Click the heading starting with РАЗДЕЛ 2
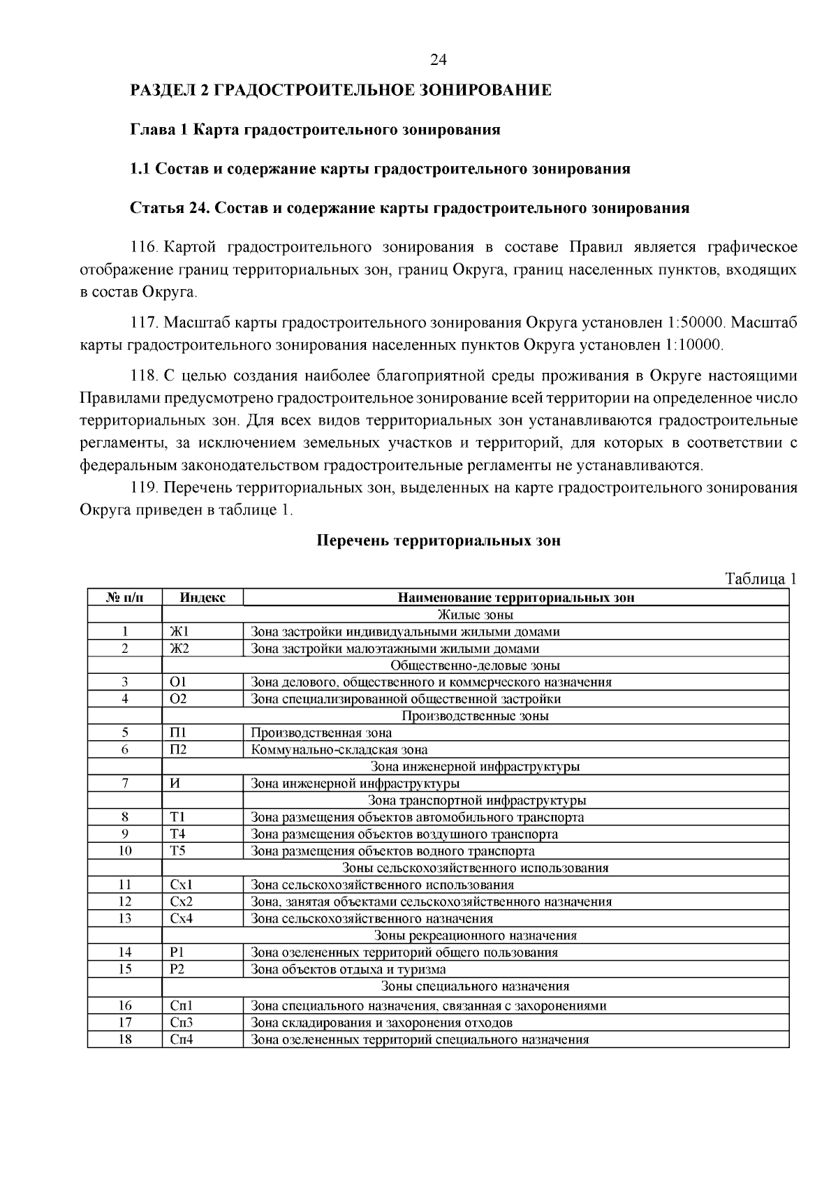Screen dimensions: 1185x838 click(x=341, y=91)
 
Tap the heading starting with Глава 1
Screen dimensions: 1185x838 click(x=316, y=130)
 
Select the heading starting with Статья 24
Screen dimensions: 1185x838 click(x=410, y=208)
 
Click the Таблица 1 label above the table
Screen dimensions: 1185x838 click(x=760, y=580)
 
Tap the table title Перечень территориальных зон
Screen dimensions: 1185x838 click(x=439, y=540)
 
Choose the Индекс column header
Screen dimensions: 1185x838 click(x=203, y=598)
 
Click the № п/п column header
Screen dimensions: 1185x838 click(x=124, y=598)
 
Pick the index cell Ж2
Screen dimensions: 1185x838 click(x=179, y=649)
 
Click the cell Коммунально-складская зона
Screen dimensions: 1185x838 click(x=339, y=750)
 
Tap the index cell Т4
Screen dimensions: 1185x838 click(x=177, y=834)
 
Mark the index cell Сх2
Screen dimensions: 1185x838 click(x=181, y=901)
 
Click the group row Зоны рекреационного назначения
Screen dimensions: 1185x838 click(x=475, y=936)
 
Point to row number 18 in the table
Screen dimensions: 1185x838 click(x=124, y=1040)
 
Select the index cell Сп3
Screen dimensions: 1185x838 click(x=181, y=1023)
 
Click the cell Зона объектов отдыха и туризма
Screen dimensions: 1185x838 click(x=348, y=969)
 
